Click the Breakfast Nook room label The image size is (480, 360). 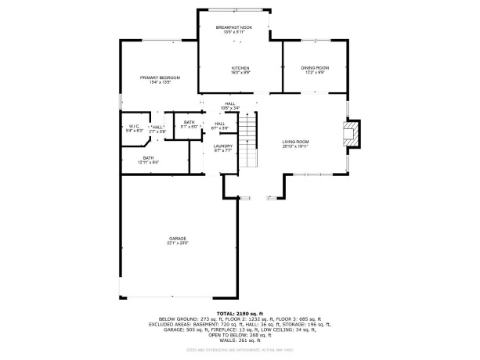click(234, 27)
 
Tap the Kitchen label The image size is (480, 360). click(240, 69)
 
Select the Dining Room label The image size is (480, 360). click(315, 68)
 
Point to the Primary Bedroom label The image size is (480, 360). click(160, 77)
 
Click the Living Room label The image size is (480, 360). click(296, 142)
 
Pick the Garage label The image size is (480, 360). click(178, 238)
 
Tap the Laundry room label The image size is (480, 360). click(222, 146)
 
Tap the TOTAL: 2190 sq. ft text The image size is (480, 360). click(240, 313)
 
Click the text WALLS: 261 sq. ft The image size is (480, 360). click(240, 341)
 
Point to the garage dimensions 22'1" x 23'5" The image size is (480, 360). click(178, 243)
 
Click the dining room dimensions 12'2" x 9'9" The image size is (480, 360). click(315, 73)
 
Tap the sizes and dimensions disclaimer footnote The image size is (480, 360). click(240, 350)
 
